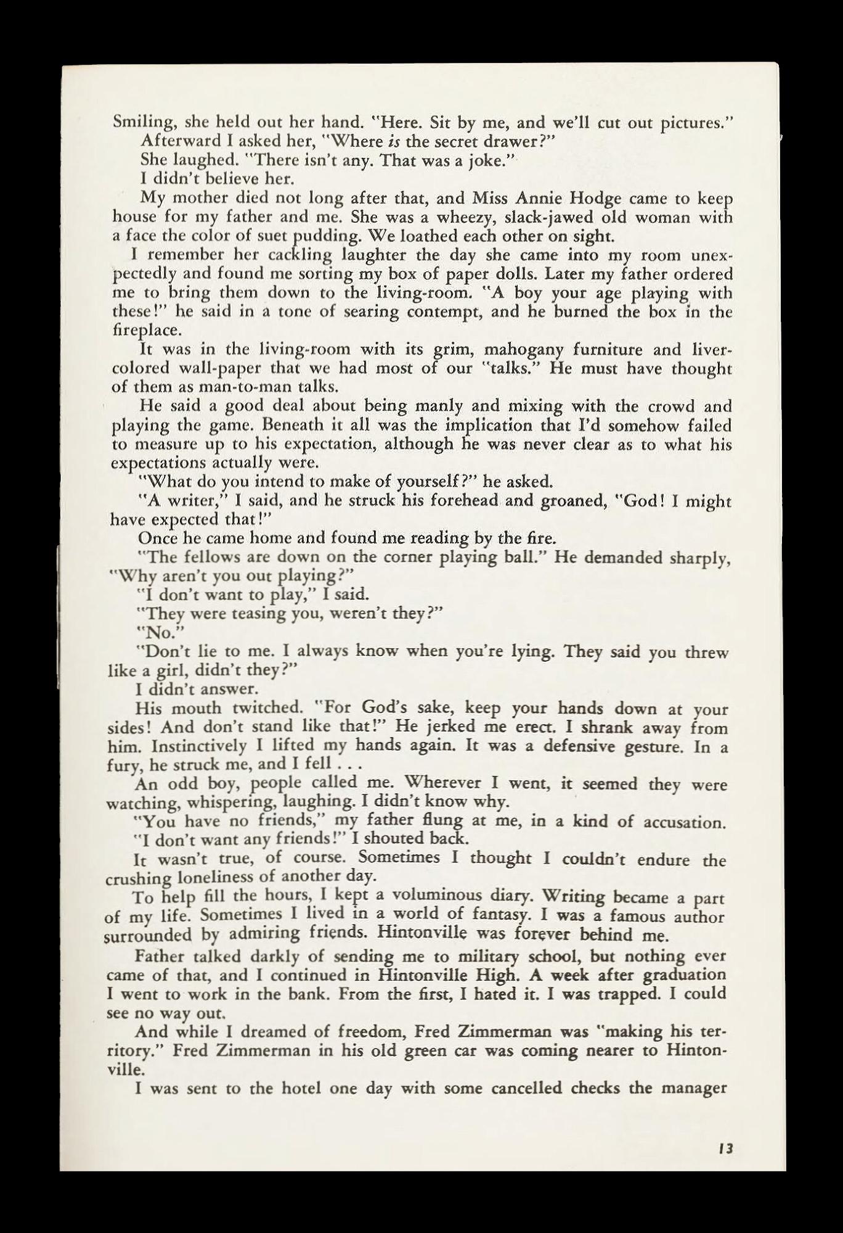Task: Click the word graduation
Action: point(684,975)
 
